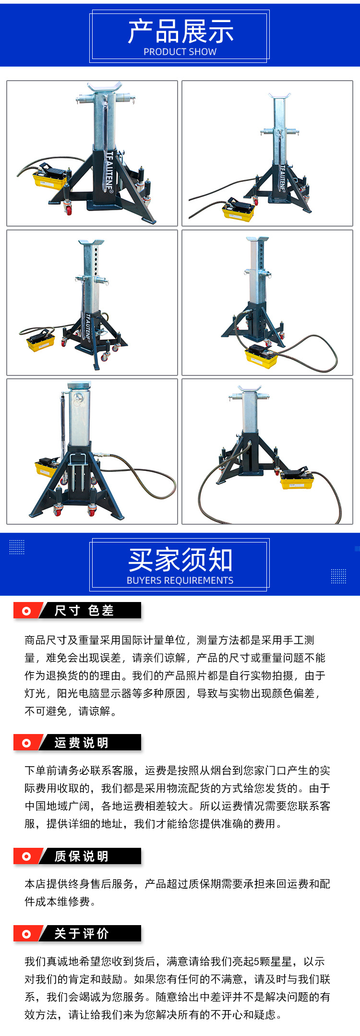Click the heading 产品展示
pos(180,31)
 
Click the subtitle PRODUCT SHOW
pos(180,52)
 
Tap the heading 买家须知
pos(180,560)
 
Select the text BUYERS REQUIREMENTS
pos(180,580)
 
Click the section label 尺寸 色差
pos(84,611)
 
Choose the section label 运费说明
pos(82,743)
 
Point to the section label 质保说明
pos(82,856)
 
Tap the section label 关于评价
pos(82,934)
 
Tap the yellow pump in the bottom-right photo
pos(297,480)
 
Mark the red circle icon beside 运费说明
pos(26,743)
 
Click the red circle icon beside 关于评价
pos(26,934)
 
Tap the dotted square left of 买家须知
pos(17,547)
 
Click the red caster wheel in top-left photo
pos(68,209)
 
